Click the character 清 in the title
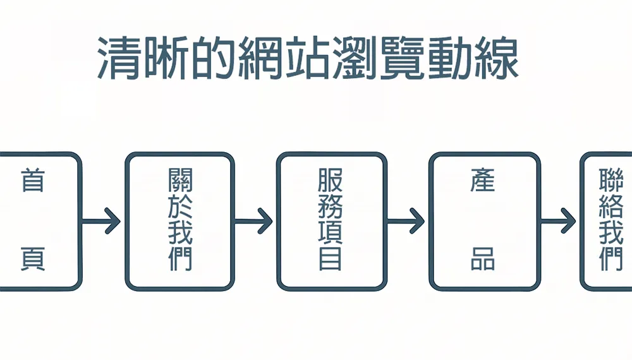point(118,59)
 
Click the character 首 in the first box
point(33,181)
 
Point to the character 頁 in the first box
point(33,258)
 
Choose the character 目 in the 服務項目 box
point(331,260)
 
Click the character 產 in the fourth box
point(483,181)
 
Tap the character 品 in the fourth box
point(483,258)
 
